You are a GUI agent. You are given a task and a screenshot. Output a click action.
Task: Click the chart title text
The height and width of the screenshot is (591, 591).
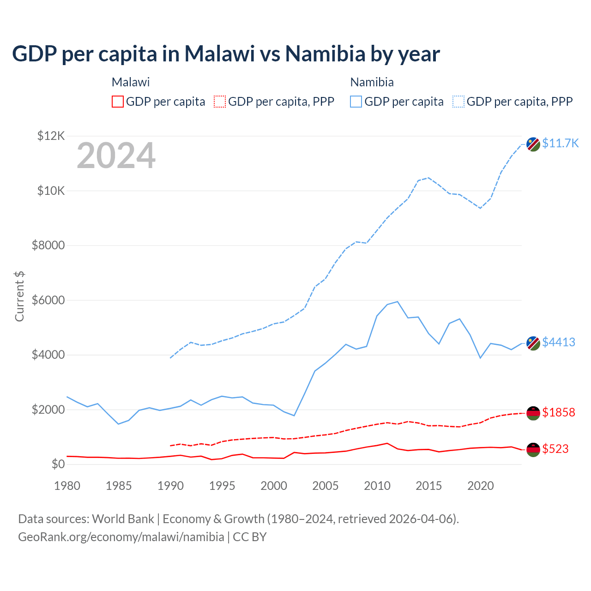pos(226,54)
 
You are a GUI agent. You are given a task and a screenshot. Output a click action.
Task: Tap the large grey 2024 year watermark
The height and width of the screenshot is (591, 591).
pos(116,156)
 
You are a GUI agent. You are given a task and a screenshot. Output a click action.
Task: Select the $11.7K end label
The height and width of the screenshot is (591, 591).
pos(560,143)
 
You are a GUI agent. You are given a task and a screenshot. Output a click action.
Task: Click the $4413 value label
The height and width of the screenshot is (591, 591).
pos(558,342)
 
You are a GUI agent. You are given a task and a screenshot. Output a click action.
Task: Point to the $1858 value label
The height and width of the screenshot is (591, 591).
pos(558,412)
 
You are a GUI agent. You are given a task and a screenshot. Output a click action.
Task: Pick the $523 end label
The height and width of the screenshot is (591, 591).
pos(555,449)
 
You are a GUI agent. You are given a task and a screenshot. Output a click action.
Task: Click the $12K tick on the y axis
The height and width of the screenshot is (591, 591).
pos(51,136)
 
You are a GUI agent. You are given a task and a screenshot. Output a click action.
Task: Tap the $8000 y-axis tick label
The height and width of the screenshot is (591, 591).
pos(48,245)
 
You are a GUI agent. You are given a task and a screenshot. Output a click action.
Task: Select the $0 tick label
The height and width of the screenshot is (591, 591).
pos(58,464)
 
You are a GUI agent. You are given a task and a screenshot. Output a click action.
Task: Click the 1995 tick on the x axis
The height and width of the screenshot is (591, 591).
pos(222,486)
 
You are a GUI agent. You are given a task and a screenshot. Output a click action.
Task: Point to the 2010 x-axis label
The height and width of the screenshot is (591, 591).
pos(377,486)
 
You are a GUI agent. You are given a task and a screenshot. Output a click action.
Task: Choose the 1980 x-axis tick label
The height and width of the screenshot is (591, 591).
pos(67,486)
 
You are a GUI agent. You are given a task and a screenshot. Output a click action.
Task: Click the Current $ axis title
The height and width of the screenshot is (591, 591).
pos(19,296)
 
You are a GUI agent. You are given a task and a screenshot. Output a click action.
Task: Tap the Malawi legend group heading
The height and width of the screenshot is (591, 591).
pos(131,82)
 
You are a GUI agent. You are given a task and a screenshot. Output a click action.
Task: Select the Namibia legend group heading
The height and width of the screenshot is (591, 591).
pos(372,82)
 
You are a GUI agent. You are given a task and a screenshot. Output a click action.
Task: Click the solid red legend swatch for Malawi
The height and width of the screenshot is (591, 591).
pos(118,102)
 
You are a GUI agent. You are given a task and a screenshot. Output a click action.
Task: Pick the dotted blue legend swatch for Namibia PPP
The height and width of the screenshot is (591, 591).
pos(458,102)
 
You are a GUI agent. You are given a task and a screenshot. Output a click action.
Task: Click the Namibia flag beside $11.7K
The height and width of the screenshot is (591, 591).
pos(533,144)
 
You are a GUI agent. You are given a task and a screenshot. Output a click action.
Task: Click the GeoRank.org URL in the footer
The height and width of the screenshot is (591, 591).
pos(121,537)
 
